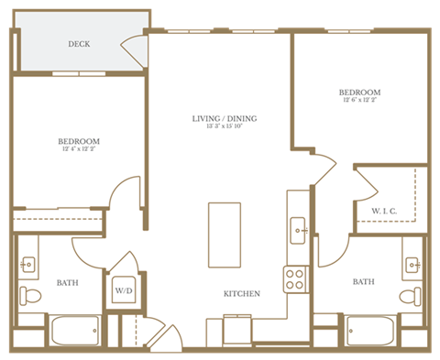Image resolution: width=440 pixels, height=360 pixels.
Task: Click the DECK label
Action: [78, 44]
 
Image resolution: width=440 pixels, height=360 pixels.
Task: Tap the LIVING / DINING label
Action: [224, 119]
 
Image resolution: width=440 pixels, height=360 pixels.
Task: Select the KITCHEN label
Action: [242, 294]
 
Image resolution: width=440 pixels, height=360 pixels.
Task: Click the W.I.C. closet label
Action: [384, 213]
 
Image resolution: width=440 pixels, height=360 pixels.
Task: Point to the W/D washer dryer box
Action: [123, 293]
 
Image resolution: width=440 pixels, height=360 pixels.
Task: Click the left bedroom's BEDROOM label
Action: [78, 141]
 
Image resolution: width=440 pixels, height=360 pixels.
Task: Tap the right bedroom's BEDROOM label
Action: [359, 93]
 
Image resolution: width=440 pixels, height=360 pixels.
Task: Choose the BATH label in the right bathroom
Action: [364, 282]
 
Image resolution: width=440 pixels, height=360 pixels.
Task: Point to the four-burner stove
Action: [295, 278]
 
